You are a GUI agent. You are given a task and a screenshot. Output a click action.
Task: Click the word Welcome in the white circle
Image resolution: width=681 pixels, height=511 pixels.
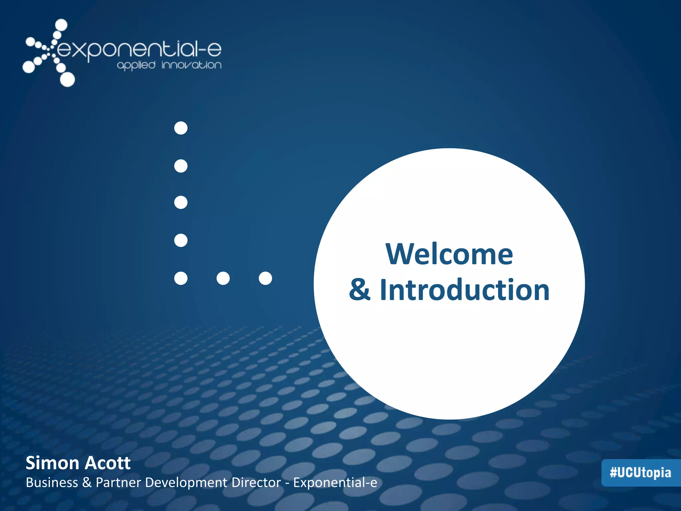(x=449, y=255)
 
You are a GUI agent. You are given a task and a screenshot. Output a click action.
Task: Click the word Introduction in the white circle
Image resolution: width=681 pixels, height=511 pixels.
(x=465, y=290)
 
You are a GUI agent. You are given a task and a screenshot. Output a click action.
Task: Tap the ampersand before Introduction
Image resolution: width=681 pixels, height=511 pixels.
(x=359, y=290)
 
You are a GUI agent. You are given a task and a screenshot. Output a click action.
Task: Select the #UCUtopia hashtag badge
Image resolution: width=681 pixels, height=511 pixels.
(x=640, y=473)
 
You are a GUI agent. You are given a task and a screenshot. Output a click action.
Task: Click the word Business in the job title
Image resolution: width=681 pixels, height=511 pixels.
(x=52, y=483)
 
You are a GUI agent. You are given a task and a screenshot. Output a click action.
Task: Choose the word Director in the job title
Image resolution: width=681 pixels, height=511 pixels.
(x=256, y=483)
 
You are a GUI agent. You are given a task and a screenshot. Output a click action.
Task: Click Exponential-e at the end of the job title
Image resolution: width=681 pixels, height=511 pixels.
(x=335, y=483)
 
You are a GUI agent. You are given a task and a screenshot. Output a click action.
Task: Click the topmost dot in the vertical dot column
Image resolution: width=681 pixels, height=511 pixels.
(x=181, y=128)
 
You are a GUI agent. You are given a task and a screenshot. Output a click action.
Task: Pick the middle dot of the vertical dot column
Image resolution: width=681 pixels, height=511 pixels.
(x=181, y=203)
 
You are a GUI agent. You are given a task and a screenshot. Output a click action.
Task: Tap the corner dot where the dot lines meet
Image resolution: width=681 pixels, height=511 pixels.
(x=181, y=278)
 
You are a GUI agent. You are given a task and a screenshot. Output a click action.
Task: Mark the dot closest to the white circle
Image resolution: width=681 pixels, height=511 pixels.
(x=265, y=278)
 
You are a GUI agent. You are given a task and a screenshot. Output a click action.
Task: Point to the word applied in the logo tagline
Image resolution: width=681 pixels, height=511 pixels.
(x=136, y=65)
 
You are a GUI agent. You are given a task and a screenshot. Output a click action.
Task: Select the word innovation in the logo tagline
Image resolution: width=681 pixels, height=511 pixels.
(x=192, y=65)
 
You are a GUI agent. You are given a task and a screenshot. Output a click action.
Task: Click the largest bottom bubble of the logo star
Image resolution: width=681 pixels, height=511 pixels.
(x=68, y=80)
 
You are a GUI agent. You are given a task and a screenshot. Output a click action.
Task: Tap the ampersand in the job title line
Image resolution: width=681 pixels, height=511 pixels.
(x=87, y=483)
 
